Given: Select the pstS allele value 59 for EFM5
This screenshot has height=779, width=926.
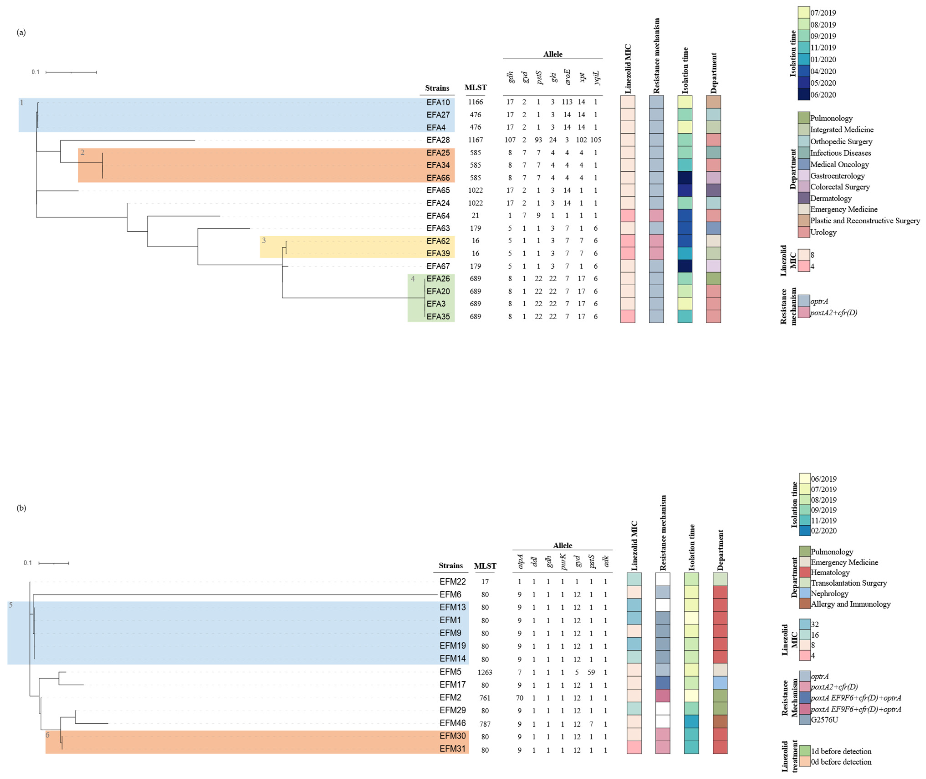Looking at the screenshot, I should [x=591, y=672].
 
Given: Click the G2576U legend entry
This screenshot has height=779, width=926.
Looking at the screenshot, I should [x=824, y=720].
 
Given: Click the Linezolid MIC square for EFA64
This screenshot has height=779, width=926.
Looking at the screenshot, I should [x=628, y=215].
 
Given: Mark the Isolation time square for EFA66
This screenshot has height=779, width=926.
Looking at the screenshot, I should [x=684, y=178].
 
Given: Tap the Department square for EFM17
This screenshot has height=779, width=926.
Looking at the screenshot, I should [x=720, y=685].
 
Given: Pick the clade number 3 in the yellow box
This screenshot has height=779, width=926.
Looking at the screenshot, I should [x=264, y=241].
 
